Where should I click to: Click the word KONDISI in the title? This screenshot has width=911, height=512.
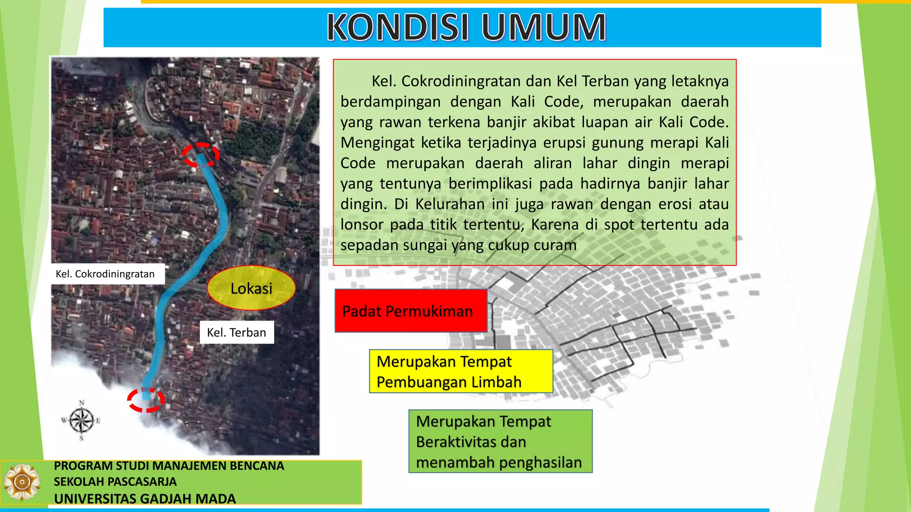(398, 28)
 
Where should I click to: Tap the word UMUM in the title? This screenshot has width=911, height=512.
(544, 28)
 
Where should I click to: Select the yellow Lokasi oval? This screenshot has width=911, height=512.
(251, 288)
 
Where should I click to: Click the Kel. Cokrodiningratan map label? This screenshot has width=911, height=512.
(105, 274)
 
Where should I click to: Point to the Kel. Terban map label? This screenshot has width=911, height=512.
(237, 332)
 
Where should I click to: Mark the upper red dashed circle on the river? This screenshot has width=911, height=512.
(201, 155)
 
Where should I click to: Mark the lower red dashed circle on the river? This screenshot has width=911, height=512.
(146, 400)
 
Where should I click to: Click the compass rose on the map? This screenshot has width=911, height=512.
(81, 420)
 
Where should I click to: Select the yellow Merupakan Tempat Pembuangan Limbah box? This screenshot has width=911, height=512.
(461, 372)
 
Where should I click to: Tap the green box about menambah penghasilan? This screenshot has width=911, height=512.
(500, 441)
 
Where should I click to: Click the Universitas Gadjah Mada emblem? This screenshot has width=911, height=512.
(21, 482)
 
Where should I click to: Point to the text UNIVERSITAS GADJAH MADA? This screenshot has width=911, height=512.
(145, 499)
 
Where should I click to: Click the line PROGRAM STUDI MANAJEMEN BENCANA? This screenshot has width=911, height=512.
(169, 466)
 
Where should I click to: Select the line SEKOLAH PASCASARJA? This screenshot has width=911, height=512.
(115, 482)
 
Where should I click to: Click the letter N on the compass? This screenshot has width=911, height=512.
(82, 403)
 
